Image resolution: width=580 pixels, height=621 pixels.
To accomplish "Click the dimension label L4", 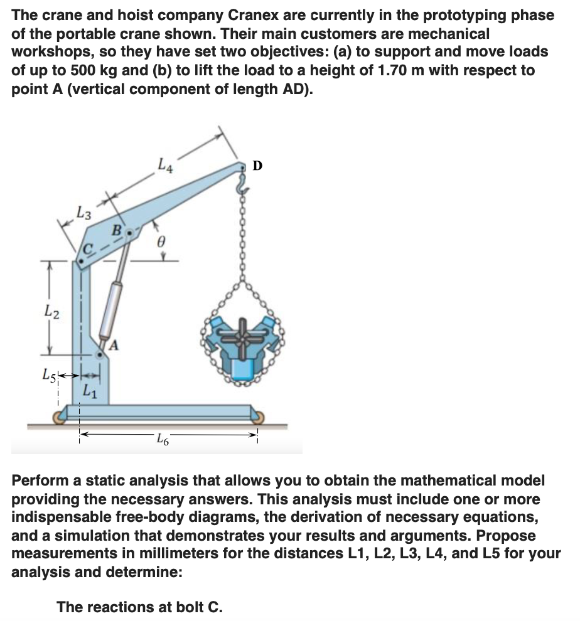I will [165, 167].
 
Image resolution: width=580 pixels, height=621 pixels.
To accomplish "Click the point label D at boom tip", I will [257, 166].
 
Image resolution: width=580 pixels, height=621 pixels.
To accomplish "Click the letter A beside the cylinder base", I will [114, 344].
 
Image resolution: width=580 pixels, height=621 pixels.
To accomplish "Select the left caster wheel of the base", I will [60, 417].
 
